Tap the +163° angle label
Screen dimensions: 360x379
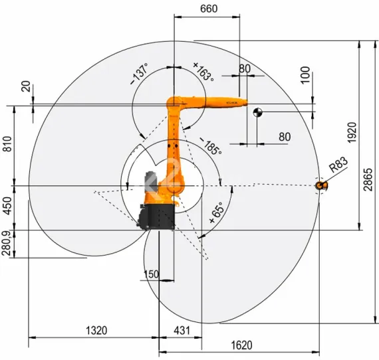[203, 70]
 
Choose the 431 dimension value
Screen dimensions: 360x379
[181, 329]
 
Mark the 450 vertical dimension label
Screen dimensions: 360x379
[7, 208]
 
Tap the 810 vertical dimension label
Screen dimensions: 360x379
[7, 144]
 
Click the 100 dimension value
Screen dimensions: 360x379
[305, 74]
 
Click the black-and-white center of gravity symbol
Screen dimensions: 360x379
[257, 112]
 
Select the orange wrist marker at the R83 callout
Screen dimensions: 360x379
[321, 185]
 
